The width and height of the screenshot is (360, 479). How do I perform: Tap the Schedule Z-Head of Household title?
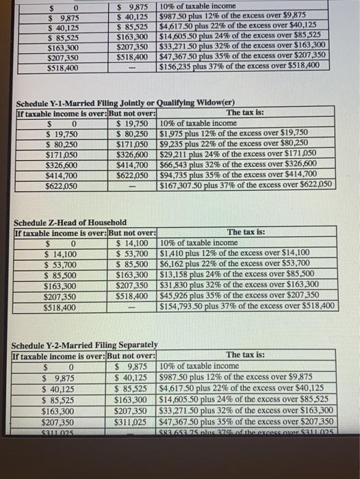click(x=70, y=222)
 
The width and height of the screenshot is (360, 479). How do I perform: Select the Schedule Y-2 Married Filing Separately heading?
click(x=86, y=344)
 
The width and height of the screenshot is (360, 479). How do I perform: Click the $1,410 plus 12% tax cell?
click(x=233, y=253)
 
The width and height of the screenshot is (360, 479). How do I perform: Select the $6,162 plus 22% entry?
click(x=233, y=263)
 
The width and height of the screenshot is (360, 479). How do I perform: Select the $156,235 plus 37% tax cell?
click(x=238, y=66)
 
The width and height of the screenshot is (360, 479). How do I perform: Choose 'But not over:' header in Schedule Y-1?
click(x=132, y=113)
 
